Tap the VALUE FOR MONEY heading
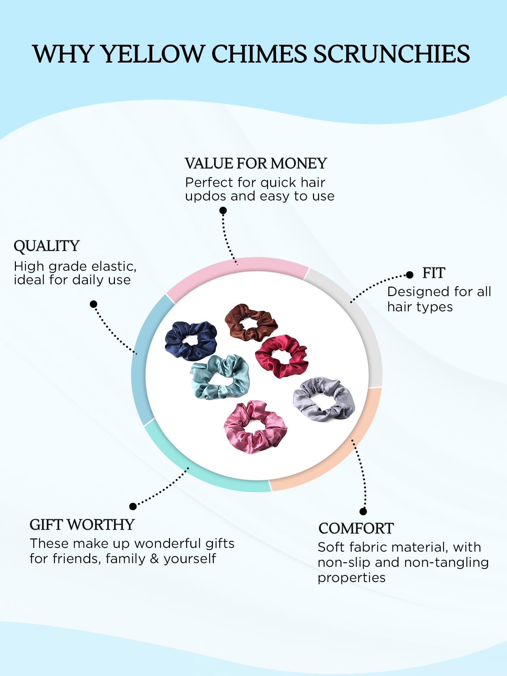pos(256,164)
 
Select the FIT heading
pos(434,273)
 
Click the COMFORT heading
pos(356,529)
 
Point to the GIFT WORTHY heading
pos(82,525)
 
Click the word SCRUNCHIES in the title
pos(391,54)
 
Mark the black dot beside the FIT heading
pos(410,275)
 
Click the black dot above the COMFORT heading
pos(363,511)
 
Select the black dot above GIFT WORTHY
pos(133,506)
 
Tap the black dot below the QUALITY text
pos(94,304)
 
